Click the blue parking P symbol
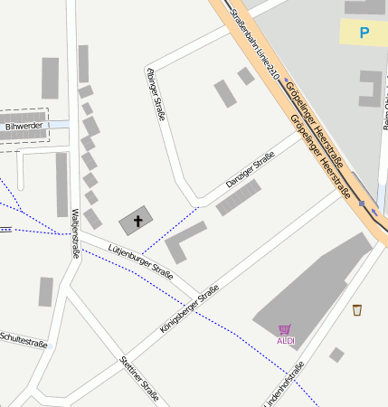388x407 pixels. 364,33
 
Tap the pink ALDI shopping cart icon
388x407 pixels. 285,329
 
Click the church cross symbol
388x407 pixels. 138,220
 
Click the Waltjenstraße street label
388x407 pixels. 75,233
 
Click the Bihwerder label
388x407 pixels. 24,127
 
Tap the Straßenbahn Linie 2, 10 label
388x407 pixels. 256,43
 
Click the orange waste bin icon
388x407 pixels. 357,309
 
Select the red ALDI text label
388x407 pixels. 285,340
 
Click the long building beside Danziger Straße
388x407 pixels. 238,197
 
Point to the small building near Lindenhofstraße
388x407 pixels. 336,355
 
